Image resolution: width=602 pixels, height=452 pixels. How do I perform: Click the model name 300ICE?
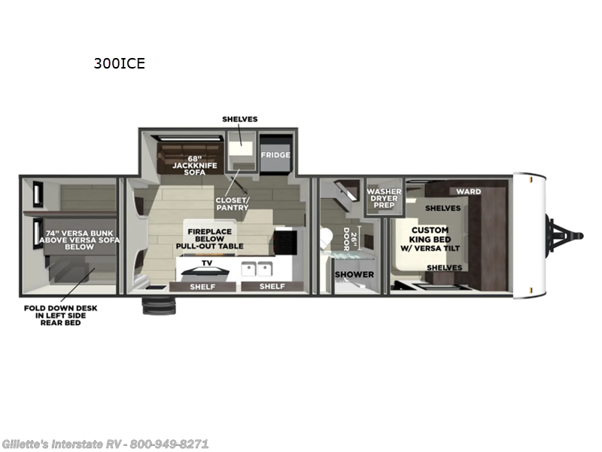[x=119, y=63]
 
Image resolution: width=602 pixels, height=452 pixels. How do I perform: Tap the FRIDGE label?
[x=275, y=154]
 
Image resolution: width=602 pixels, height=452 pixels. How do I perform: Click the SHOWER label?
[x=354, y=274]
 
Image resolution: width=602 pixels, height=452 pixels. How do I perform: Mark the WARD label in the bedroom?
[x=468, y=191]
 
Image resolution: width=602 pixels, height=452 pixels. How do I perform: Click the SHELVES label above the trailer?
[x=239, y=119]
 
